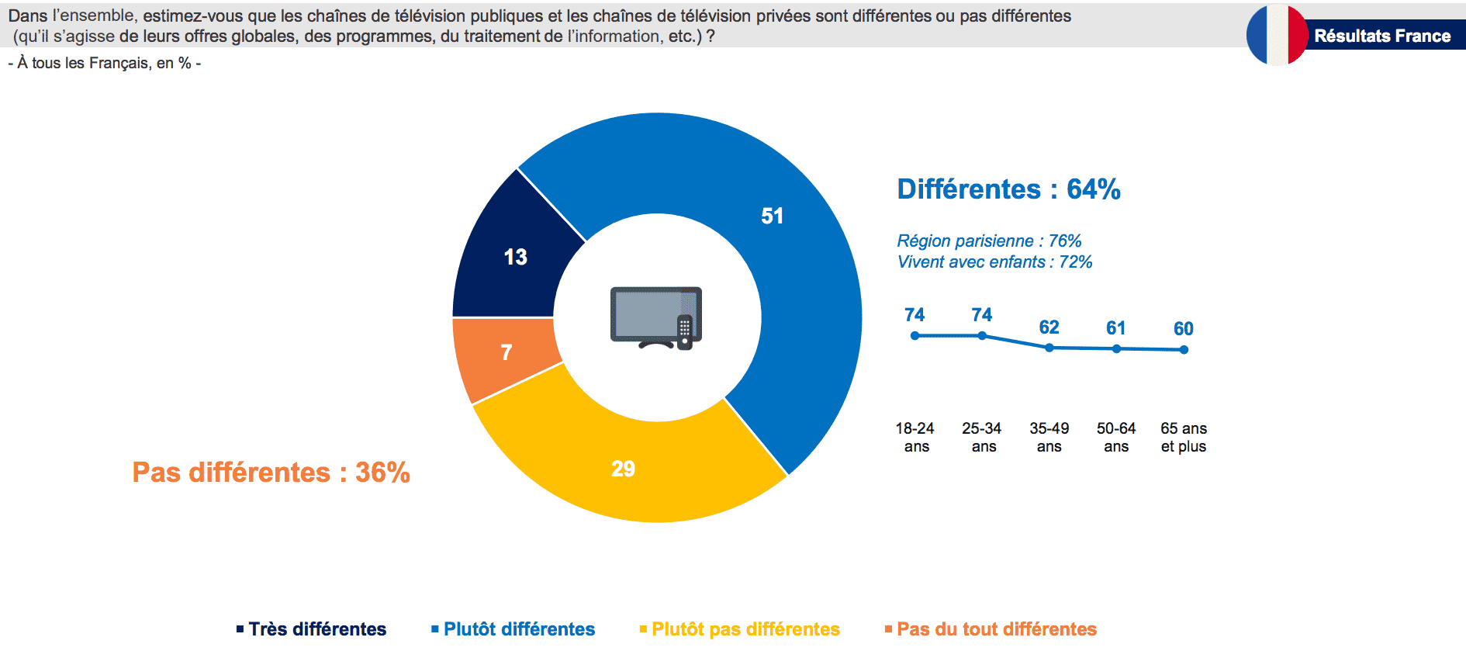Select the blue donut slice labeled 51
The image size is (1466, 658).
click(776, 233)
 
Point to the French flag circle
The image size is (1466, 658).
click(1277, 36)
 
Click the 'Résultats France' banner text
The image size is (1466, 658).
click(1382, 36)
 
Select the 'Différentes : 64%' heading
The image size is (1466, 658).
click(1008, 189)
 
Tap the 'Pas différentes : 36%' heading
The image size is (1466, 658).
click(271, 473)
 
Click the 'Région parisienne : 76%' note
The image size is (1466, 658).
click(989, 241)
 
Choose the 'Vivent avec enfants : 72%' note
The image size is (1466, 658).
click(994, 262)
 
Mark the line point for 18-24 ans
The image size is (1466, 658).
click(915, 336)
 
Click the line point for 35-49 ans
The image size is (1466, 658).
click(1049, 348)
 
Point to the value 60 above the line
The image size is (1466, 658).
click(1184, 329)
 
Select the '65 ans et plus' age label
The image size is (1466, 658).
click(1184, 438)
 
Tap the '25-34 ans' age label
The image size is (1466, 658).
click(982, 438)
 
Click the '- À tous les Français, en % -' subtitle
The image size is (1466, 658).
click(105, 64)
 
